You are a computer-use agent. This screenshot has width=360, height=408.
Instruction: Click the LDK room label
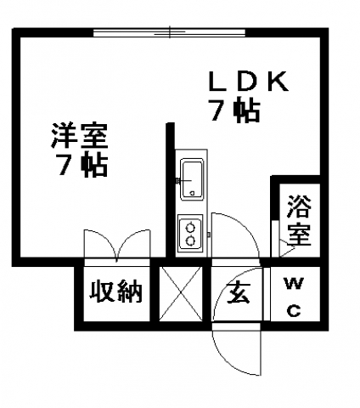coord(248,82)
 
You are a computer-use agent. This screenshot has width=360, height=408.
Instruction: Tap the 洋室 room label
coord(79,136)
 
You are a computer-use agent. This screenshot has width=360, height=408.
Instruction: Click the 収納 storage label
coord(115,291)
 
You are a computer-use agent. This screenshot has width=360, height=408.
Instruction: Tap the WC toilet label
coord(295,297)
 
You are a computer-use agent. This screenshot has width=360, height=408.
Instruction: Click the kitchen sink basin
coord(192,179)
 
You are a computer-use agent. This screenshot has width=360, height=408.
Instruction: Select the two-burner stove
coord(190,232)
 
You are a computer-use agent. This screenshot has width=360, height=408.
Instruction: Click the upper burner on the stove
coord(190,227)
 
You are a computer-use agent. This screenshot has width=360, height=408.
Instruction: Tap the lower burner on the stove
coord(190,241)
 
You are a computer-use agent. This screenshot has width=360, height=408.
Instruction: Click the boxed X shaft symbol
coord(181,294)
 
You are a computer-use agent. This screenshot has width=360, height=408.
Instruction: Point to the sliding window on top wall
coord(169,32)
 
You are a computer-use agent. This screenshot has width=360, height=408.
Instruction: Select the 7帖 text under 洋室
coord(82,165)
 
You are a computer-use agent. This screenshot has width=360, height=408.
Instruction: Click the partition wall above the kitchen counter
coord(170,190)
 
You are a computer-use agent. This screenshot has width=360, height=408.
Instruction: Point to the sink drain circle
coord(193,194)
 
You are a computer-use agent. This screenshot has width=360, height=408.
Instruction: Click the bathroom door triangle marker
coord(286,249)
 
